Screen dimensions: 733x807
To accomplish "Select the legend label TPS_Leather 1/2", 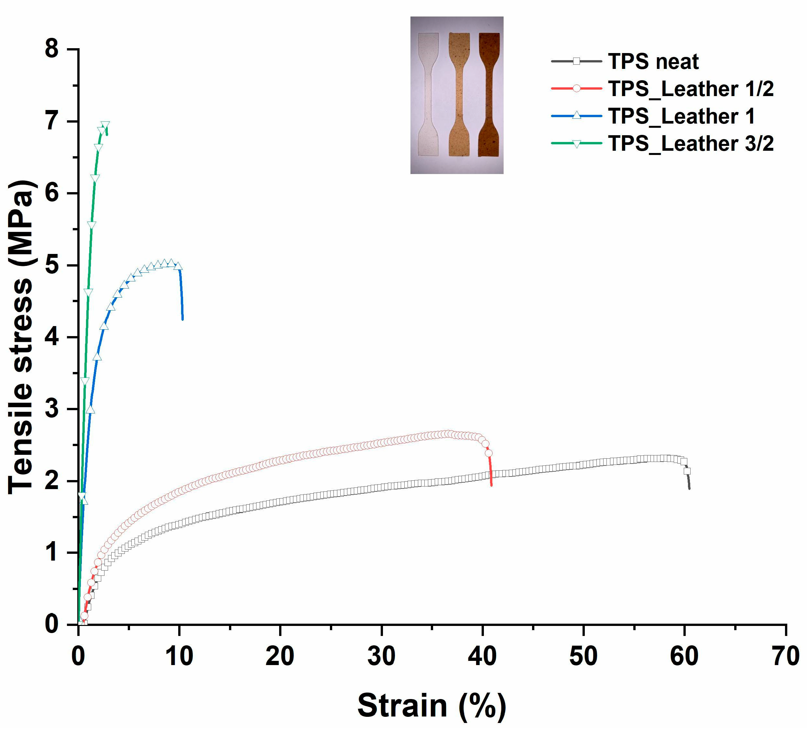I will tap(691, 89).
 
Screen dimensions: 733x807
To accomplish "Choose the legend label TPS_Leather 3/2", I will tap(691, 143).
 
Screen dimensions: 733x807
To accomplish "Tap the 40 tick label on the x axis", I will tap(482, 657).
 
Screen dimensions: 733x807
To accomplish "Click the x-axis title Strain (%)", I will tap(431, 706).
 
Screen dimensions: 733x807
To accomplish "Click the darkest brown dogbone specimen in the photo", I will tap(489, 94).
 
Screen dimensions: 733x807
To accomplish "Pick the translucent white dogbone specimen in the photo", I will tap(428, 94).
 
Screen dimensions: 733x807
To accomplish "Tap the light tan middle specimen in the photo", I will tap(459, 94).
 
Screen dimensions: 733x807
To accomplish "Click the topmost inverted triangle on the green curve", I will tap(105, 125).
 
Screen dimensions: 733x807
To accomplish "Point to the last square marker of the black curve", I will tap(687, 471).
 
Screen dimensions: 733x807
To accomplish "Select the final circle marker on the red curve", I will tap(488, 453).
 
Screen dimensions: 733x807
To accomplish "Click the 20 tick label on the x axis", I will tap(280, 657).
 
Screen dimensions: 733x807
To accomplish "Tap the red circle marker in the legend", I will tap(576, 89).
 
